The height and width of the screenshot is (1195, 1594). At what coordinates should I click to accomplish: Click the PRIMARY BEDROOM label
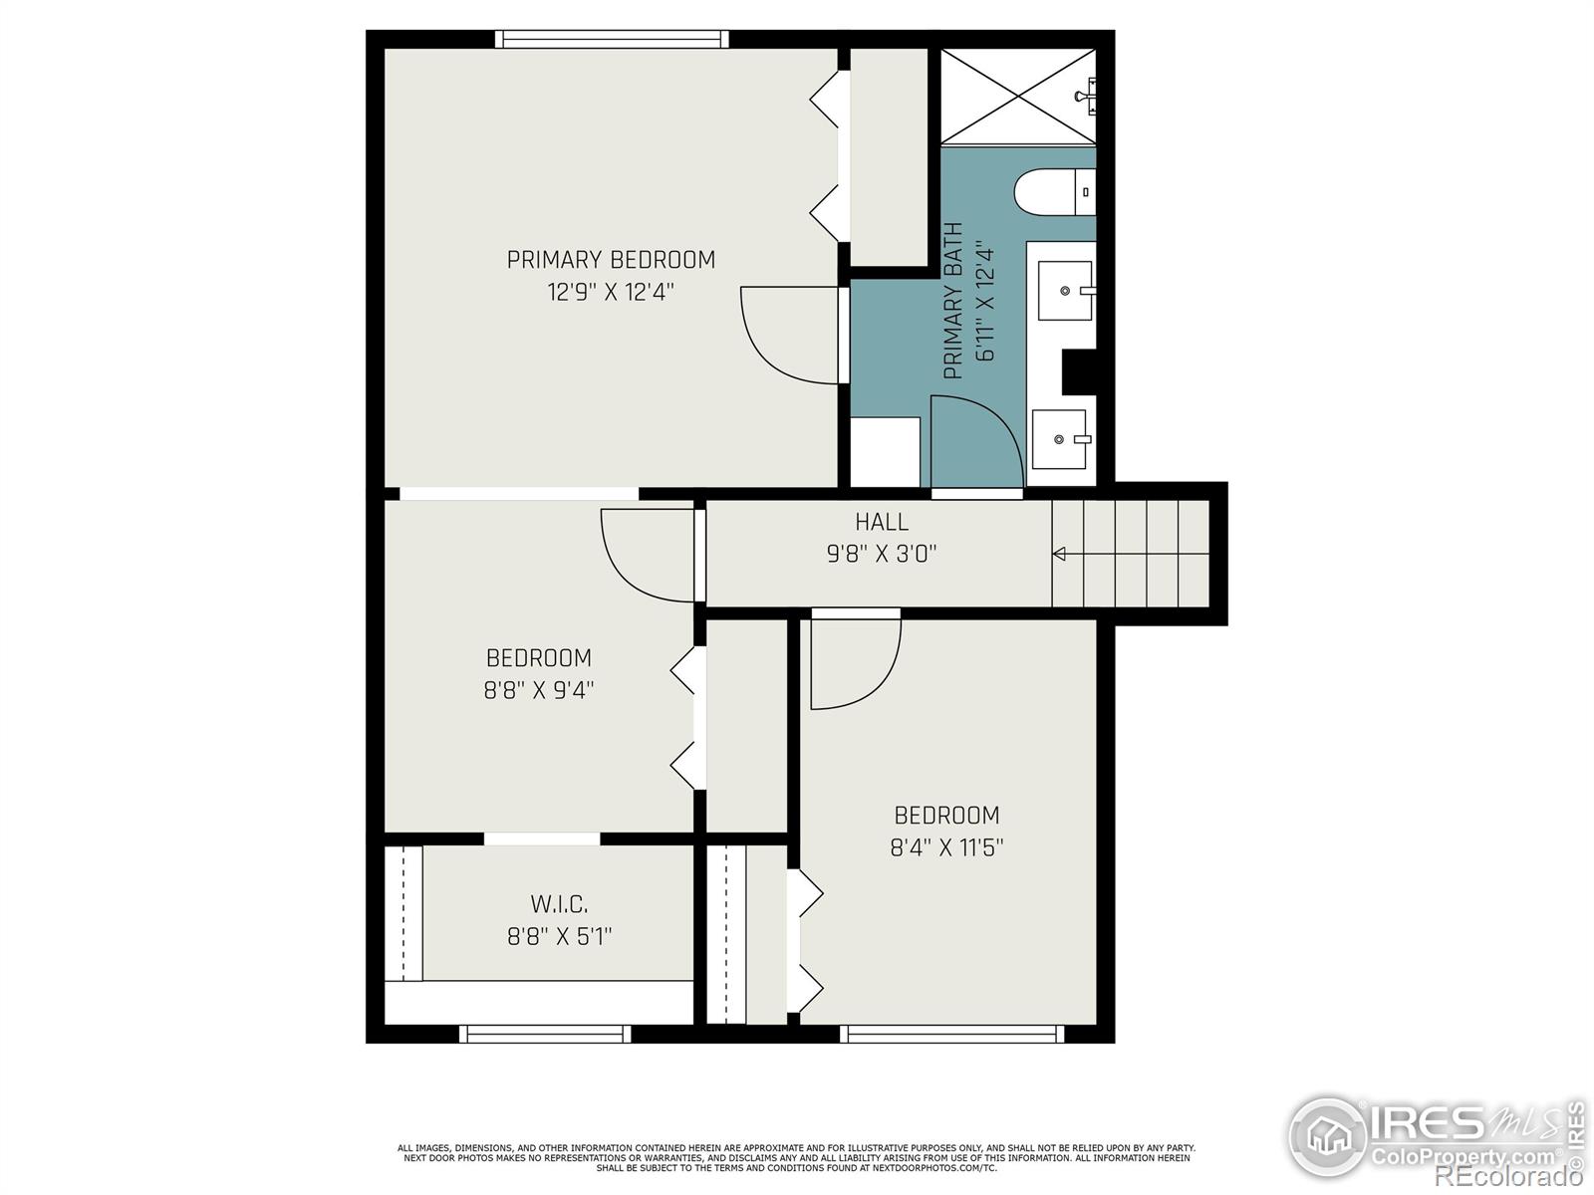(611, 260)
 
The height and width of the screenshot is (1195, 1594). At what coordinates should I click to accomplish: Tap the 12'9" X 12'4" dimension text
(611, 293)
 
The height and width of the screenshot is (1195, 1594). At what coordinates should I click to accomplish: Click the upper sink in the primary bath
(1065, 291)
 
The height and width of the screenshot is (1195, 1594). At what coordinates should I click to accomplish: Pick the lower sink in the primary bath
(1059, 439)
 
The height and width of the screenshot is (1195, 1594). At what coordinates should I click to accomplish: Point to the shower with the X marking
(1017, 96)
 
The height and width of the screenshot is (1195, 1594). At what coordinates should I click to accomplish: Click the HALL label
(882, 522)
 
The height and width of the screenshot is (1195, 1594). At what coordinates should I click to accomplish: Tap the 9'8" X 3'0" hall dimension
(882, 554)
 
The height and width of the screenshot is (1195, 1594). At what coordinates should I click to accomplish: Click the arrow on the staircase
(1060, 554)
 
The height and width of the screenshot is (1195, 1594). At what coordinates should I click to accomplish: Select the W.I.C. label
(558, 904)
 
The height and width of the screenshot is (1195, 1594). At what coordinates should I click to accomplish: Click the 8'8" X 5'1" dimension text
(558, 936)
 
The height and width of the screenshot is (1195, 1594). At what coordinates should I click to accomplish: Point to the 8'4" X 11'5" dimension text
(946, 848)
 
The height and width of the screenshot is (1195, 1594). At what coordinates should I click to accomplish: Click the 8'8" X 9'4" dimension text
(539, 690)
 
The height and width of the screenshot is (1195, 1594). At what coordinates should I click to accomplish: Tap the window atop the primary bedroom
(612, 40)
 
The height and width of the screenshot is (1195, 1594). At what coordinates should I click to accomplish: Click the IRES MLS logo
(1435, 1135)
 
